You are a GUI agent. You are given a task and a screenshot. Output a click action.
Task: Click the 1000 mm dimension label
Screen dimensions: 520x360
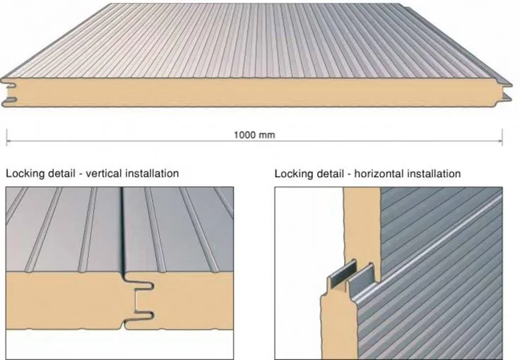(x=254, y=135)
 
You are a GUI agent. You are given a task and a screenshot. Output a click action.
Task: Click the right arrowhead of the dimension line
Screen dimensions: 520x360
(x=500, y=141)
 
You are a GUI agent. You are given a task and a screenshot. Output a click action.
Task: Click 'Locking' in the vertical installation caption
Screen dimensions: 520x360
(x=25, y=174)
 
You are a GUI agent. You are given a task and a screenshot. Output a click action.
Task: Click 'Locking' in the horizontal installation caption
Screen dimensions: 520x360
(x=294, y=174)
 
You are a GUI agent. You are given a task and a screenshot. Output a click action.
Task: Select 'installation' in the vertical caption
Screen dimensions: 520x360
(x=152, y=173)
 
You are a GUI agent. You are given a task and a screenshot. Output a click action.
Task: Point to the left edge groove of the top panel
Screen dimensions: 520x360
(x=9, y=92)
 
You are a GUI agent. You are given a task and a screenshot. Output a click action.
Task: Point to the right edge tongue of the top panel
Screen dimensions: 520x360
(x=507, y=92)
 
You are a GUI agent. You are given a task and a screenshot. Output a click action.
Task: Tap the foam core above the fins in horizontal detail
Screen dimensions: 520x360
(x=362, y=225)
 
